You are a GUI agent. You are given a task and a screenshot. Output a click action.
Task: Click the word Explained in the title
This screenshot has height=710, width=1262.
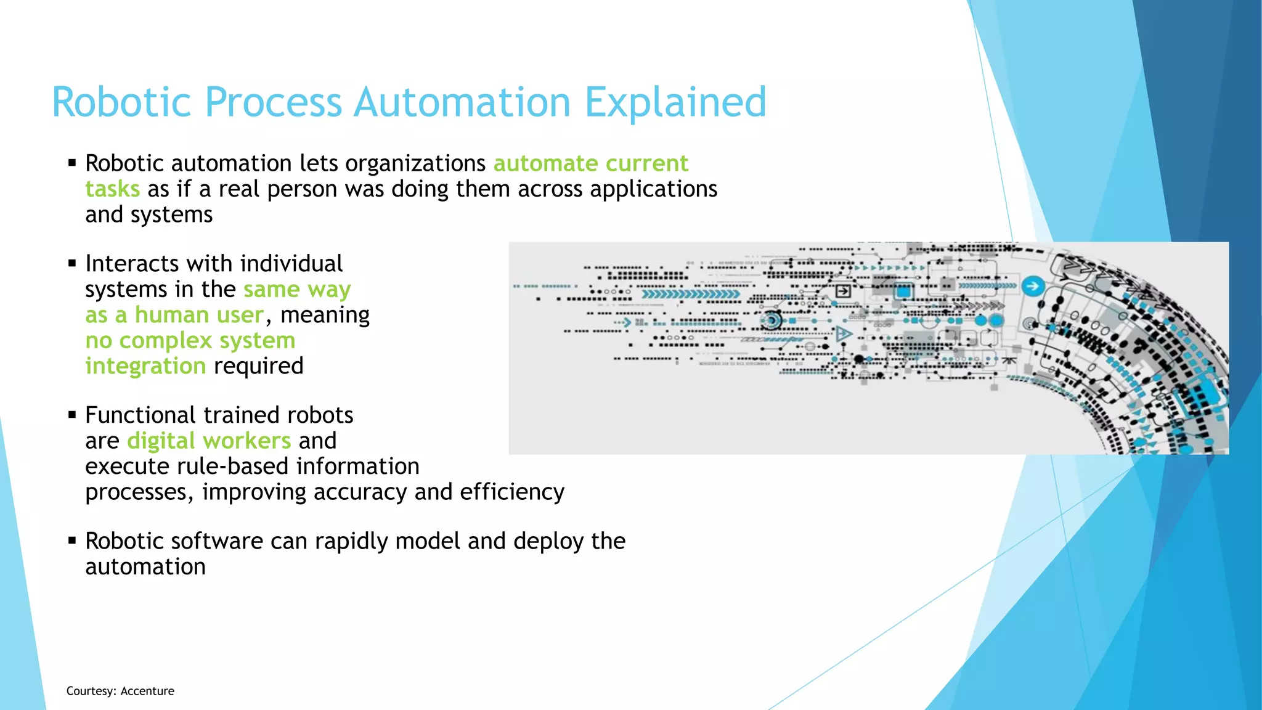click(675, 102)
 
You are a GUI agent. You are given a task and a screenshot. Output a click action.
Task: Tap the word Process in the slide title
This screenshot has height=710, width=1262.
click(273, 102)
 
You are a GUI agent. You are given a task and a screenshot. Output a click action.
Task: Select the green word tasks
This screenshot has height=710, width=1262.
click(112, 189)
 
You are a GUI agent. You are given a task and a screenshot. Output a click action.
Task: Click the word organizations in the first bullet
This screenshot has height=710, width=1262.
click(415, 163)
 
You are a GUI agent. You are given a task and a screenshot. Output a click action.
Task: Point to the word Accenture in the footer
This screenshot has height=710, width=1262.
click(147, 691)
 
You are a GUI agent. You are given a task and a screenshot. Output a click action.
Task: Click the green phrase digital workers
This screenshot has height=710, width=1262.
click(209, 441)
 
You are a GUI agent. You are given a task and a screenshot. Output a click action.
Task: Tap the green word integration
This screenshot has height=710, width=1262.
click(145, 366)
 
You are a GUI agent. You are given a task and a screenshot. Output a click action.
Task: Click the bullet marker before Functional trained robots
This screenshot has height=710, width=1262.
click(72, 415)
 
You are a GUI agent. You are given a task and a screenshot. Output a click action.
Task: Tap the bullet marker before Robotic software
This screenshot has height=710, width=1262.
click(72, 541)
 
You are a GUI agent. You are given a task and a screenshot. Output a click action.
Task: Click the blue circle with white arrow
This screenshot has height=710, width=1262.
click(1033, 286)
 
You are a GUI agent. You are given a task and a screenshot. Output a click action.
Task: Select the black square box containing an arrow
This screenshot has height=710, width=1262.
click(843, 291)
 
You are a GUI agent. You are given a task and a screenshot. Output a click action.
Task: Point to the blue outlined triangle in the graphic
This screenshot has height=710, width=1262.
click(844, 334)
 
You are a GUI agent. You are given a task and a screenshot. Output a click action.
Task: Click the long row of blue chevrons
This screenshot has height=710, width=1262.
click(690, 294)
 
